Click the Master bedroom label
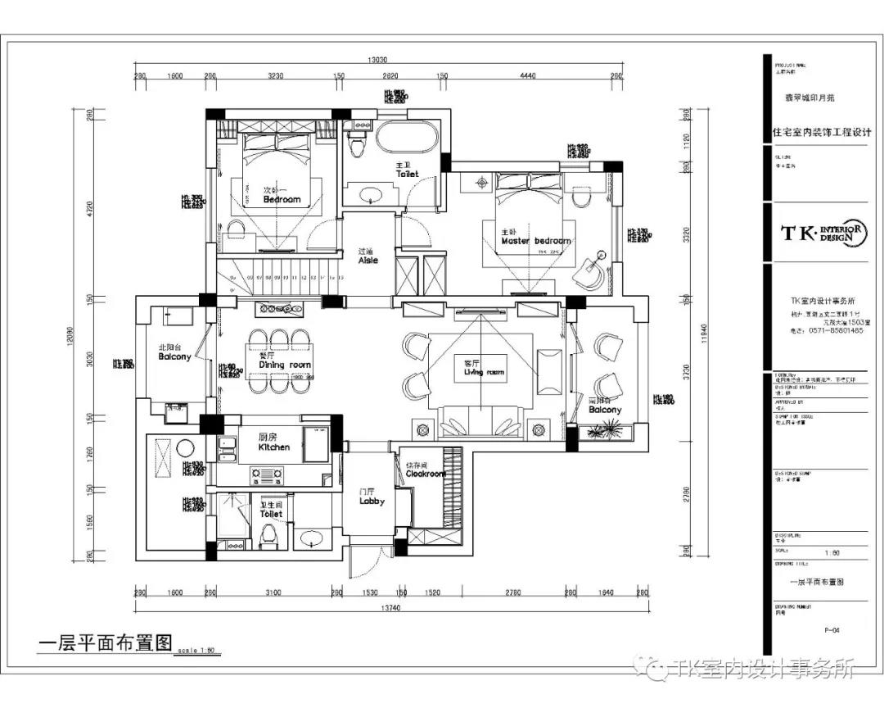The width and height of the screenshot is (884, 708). (536, 241)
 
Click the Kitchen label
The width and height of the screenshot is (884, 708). (273, 447)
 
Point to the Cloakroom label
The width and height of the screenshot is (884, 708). (426, 474)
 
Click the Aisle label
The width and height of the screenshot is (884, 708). (368, 260)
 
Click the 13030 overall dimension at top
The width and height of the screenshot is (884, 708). (377, 60)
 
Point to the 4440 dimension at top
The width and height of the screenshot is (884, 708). (527, 76)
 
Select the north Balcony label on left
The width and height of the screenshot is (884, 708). (174, 356)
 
